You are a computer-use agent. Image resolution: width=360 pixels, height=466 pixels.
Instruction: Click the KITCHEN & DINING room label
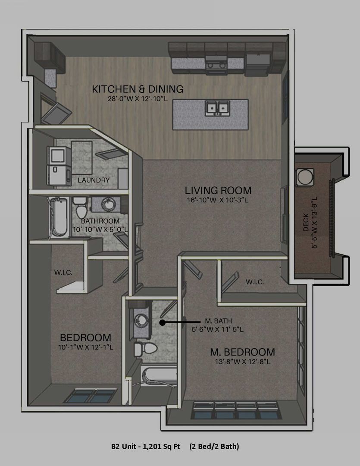pyautogui.click(x=138, y=89)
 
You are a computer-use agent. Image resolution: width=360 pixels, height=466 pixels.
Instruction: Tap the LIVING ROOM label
pyautogui.click(x=218, y=190)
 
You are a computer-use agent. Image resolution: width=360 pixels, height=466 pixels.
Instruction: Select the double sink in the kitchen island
pyautogui.click(x=218, y=108)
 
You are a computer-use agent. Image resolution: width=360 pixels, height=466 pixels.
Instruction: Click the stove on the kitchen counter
pyautogui.click(x=216, y=65)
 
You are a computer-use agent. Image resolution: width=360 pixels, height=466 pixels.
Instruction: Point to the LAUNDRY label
pyautogui.click(x=94, y=180)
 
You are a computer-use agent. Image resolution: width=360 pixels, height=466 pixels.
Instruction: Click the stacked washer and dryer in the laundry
pyautogui.click(x=59, y=166)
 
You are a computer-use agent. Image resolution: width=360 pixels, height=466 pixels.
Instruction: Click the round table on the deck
pyautogui.click(x=305, y=177)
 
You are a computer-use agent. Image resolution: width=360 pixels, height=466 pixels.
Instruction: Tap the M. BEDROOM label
pyautogui.click(x=242, y=352)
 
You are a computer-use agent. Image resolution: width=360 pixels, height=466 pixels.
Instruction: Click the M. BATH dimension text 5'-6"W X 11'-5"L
pyautogui.click(x=218, y=329)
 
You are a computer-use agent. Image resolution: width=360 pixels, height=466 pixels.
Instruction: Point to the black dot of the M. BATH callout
pyautogui.click(x=162, y=322)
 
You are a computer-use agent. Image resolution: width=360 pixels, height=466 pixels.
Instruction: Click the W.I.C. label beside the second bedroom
pyautogui.click(x=63, y=272)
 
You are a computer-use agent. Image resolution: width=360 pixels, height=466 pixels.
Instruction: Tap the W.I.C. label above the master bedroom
pyautogui.click(x=255, y=282)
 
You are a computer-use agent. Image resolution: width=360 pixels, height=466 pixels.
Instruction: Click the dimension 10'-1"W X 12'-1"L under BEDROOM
pyautogui.click(x=85, y=347)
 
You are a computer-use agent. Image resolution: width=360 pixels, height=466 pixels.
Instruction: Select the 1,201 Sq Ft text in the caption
pyautogui.click(x=161, y=447)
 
